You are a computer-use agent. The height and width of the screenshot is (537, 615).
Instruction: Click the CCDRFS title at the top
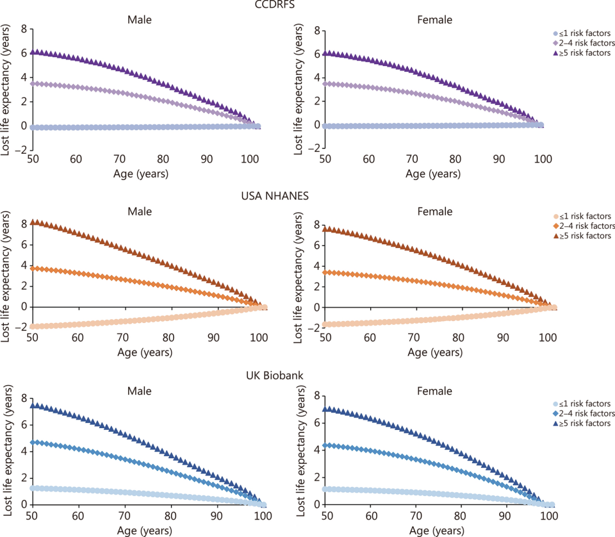tap(307, 6)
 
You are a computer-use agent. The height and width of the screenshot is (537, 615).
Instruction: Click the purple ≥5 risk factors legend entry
tap(582, 53)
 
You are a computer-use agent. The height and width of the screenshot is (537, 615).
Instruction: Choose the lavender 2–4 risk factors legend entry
tap(582, 43)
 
